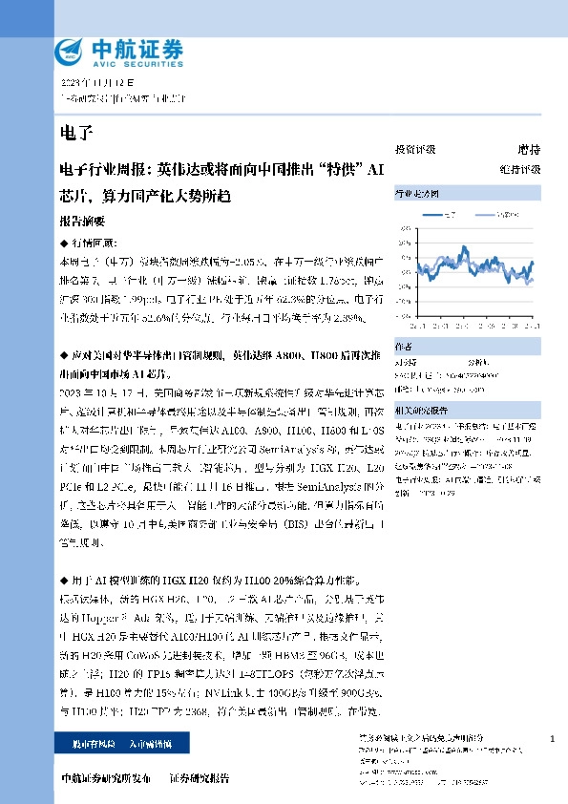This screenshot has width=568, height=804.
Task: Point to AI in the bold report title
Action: pos(375,172)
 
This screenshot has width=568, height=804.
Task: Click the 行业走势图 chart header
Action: pos(417,195)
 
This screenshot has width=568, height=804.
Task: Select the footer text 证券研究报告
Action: pos(200,778)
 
